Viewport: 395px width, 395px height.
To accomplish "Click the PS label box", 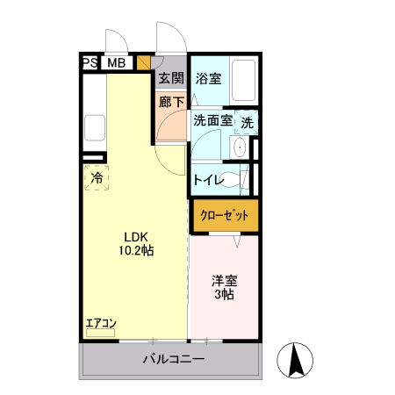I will (90, 62).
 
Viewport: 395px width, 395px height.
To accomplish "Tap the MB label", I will (116, 62).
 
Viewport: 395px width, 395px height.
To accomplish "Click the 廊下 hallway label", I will (171, 101).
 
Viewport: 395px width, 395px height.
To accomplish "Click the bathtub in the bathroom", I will (243, 81).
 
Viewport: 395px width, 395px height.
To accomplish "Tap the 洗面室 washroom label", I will (212, 122).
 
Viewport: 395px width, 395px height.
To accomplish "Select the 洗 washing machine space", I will (248, 123).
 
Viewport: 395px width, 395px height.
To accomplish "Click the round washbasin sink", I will (240, 148).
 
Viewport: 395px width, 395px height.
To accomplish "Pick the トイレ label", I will (208, 181).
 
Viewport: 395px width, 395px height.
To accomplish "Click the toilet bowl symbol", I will (237, 181).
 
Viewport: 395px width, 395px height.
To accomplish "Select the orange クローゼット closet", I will (225, 216).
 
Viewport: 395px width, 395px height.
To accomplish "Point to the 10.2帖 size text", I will (135, 251).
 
